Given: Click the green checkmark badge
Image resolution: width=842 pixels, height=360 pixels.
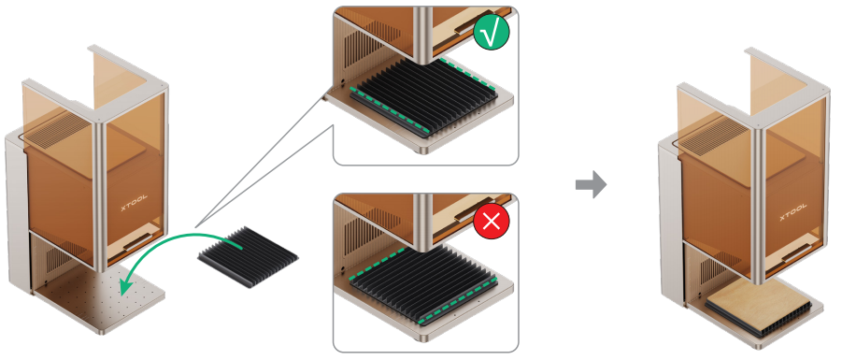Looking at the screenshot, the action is point(491,34).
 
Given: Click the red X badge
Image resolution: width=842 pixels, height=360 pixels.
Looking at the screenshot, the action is point(492,222).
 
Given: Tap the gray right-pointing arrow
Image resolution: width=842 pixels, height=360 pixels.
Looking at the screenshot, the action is point(592,184).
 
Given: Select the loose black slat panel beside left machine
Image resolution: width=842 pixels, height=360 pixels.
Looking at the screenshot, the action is point(248,257).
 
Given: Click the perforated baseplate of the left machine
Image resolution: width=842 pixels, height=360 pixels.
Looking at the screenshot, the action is point(102,298).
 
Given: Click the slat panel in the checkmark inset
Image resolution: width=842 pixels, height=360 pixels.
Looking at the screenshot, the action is point(424,98).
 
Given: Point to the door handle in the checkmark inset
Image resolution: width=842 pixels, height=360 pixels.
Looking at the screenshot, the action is point(468,26).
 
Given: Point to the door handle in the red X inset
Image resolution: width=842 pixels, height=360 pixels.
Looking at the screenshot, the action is point(466,214).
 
